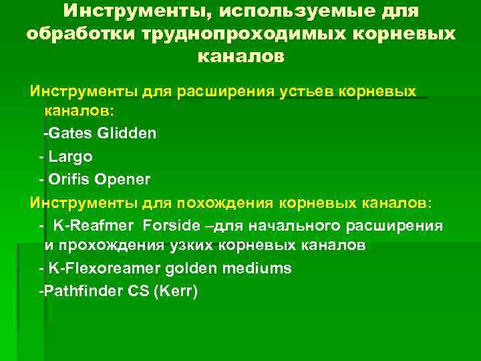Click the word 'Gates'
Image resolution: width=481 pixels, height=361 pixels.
coord(70,134)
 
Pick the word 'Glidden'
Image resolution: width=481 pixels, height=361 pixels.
coord(127,134)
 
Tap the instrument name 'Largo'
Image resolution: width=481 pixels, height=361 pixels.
coord(71,156)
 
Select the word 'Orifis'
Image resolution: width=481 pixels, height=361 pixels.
coord(70,179)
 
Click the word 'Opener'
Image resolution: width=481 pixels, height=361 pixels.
coord(123,179)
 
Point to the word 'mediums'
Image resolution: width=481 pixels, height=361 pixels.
coord(259,269)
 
